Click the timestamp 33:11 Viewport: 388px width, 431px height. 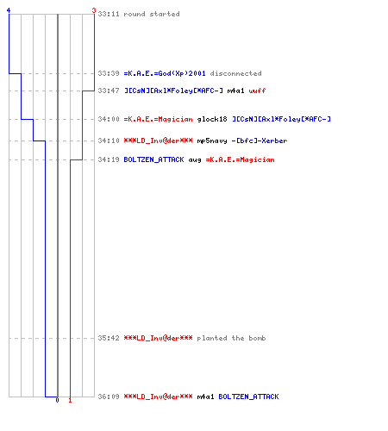click(109, 14)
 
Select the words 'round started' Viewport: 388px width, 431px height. click(152, 14)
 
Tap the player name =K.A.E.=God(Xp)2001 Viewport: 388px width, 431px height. click(165, 73)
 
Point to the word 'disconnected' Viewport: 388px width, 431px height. click(235, 73)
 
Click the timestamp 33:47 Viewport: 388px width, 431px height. click(109, 91)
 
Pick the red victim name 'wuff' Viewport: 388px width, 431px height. click(257, 91)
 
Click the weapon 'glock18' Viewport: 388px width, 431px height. click(212, 119)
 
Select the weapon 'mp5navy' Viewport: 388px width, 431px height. click(212, 141)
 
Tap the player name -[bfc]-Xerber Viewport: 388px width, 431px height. click(260, 141)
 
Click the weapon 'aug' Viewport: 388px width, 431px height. click(195, 160)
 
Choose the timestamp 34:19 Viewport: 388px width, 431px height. click(109, 159)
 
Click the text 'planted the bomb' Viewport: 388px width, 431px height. click(231, 338)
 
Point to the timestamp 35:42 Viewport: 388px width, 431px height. click(109, 338)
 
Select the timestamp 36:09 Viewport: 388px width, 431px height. click(109, 397)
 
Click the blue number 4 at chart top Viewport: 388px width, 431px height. click(9, 10)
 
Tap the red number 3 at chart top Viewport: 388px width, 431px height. click(94, 10)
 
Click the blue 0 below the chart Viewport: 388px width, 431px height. click(57, 400)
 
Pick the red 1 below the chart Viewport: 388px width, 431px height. click(70, 400)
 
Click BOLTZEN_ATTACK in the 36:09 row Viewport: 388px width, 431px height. click(248, 397)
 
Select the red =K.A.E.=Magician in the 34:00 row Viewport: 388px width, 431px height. click(158, 119)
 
